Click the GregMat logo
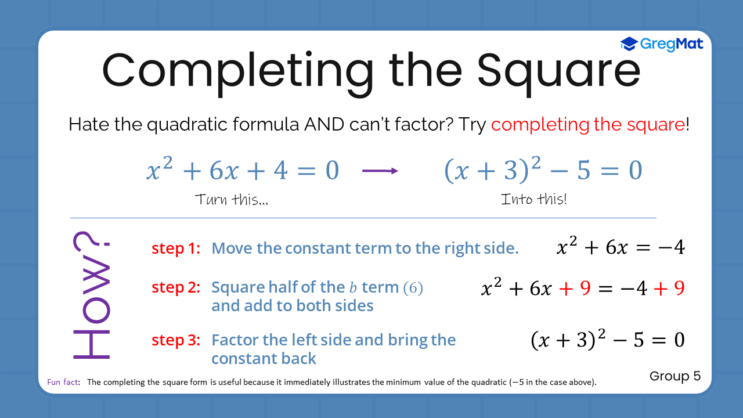[661, 44]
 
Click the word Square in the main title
[558, 74]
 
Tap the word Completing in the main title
[238, 74]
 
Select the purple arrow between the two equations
[380, 171]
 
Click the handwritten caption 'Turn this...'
[232, 199]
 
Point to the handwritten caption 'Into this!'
[533, 199]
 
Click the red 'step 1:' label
[176, 248]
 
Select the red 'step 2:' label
[176, 287]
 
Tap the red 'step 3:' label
[176, 340]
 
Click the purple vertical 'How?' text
[92, 295]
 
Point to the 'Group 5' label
[675, 376]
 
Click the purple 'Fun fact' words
[63, 382]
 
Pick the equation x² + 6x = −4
[621, 247]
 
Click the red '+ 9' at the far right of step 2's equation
[669, 288]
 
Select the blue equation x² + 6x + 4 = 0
[243, 169]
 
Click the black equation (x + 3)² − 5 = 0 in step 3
[608, 340]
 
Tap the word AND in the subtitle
[324, 124]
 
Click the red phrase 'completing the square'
[588, 125]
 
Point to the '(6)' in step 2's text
[413, 287]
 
